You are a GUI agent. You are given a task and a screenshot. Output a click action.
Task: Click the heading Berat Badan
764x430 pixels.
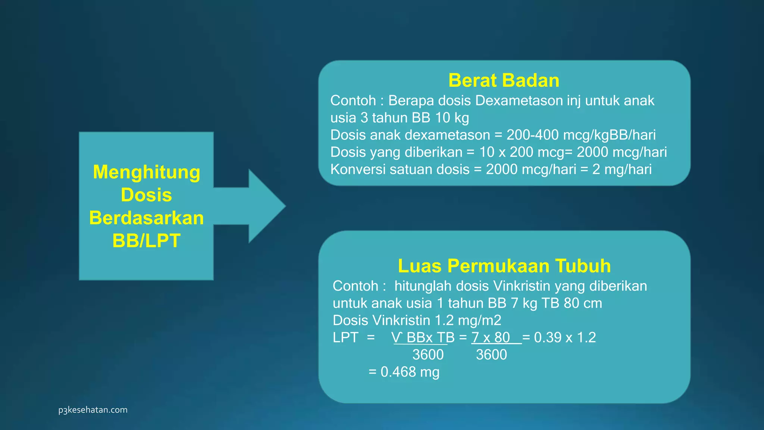click(504, 81)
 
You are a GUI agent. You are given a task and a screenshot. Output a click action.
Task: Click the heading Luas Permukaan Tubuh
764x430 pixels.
click(504, 266)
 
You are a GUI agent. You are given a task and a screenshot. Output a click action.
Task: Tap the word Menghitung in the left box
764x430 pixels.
click(147, 172)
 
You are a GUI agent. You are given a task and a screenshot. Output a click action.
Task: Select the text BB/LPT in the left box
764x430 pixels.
click(147, 241)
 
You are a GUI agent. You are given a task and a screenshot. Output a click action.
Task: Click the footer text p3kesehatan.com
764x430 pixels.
click(93, 410)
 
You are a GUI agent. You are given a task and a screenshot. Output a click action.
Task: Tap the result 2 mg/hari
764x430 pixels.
click(622, 169)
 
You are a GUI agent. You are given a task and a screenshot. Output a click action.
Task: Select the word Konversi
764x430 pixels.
click(358, 169)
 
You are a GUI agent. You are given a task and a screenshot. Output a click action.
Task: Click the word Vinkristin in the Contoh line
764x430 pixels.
click(522, 286)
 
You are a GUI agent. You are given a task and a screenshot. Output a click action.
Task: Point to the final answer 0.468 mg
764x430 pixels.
click(410, 372)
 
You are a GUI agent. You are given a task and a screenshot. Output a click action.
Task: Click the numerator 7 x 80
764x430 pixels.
click(491, 337)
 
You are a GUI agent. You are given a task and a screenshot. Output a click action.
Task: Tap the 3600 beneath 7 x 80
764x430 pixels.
click(491, 355)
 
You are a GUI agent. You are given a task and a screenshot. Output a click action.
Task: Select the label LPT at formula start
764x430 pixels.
click(345, 337)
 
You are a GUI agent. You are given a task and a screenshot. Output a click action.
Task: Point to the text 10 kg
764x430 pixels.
click(452, 118)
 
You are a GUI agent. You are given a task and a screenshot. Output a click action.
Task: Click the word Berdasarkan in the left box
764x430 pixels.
click(147, 218)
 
